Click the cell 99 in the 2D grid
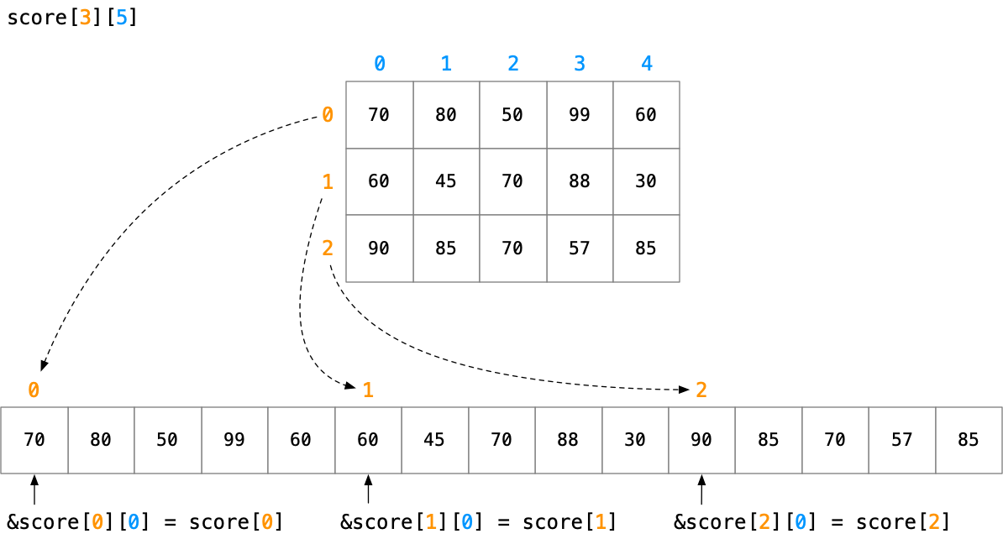[580, 115]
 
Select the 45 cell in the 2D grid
[446, 181]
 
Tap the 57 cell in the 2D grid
[580, 249]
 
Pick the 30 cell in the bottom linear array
[635, 440]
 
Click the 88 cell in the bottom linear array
[568, 440]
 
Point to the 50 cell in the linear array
[167, 440]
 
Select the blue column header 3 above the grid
[580, 64]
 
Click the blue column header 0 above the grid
[380, 64]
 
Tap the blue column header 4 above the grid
[646, 64]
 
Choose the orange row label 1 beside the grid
[328, 181]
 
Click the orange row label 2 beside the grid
[328, 249]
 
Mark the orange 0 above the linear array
[34, 390]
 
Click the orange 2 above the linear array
[701, 390]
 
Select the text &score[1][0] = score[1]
[478, 522]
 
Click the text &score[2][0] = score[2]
[811, 522]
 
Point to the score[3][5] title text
[71, 18]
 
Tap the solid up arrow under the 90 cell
[701, 490]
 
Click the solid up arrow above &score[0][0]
[34, 490]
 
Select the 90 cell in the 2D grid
[379, 249]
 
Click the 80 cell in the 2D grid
[446, 115]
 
